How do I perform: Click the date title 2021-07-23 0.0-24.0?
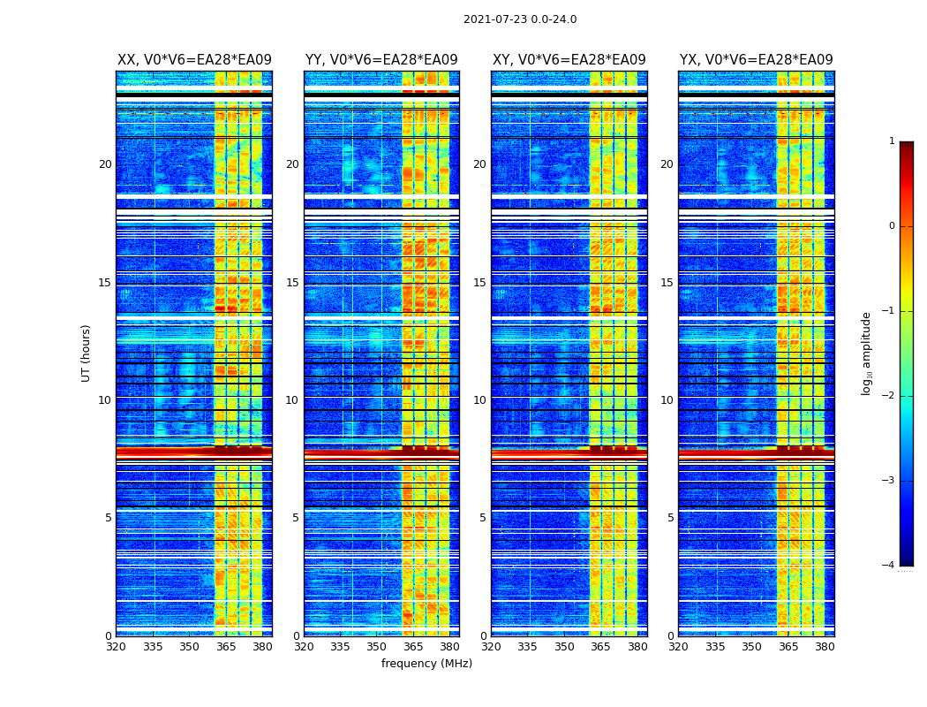click(520, 19)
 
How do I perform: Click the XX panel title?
click(194, 60)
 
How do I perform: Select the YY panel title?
click(381, 60)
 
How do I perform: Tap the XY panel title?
click(569, 60)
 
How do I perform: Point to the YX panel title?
click(757, 60)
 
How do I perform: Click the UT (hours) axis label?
click(86, 353)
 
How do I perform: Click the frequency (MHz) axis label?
click(426, 664)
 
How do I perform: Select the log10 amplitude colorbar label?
click(867, 353)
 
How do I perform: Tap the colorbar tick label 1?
click(892, 141)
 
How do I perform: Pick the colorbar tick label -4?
click(889, 566)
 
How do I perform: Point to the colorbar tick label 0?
click(892, 226)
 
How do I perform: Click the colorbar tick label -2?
click(889, 396)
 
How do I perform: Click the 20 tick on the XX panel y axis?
click(105, 164)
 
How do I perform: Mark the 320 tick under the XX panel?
click(116, 647)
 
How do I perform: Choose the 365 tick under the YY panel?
click(413, 647)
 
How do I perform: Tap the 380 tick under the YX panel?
click(825, 647)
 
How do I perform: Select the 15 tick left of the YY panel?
click(292, 283)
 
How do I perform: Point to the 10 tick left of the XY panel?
click(479, 400)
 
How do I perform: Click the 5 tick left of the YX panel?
click(670, 518)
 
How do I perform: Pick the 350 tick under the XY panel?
click(564, 647)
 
